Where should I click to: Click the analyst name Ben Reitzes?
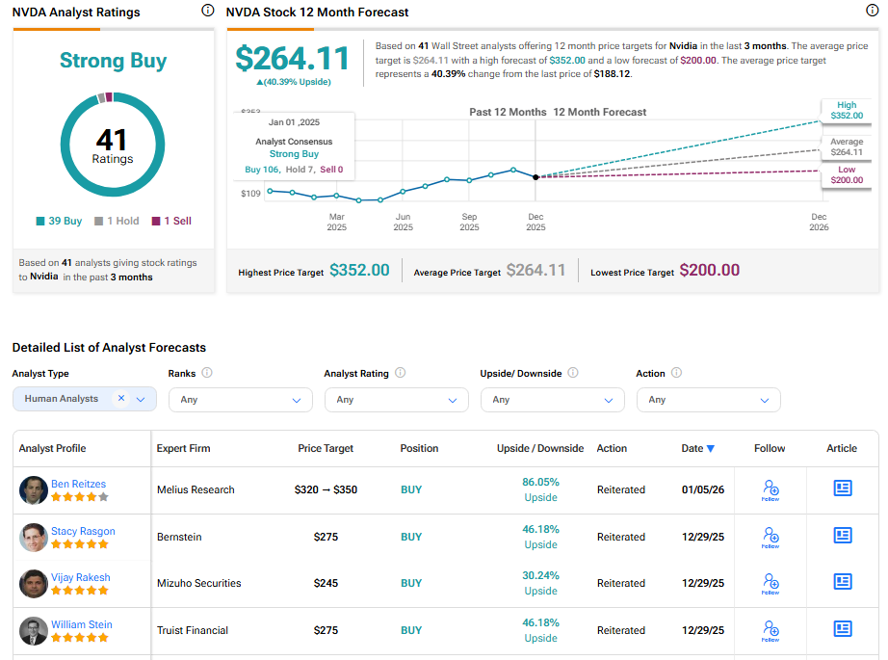pyautogui.click(x=78, y=484)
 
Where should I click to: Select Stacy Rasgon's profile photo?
pyautogui.click(x=34, y=537)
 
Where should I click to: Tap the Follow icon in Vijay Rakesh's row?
pyautogui.click(x=770, y=583)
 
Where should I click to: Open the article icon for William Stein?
pyautogui.click(x=843, y=630)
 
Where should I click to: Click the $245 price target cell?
pyautogui.click(x=326, y=583)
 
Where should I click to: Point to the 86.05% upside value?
pyautogui.click(x=540, y=482)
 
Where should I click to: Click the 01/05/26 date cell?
pyautogui.click(x=702, y=489)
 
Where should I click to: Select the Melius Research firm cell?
pyautogui.click(x=196, y=489)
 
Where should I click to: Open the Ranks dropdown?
pyautogui.click(x=240, y=400)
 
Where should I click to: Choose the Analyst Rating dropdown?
pyautogui.click(x=396, y=400)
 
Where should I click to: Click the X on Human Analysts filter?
pyautogui.click(x=121, y=398)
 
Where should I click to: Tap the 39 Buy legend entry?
pyautogui.click(x=60, y=221)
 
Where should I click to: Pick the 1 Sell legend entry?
pyautogui.click(x=171, y=221)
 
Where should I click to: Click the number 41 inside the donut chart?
pyautogui.click(x=113, y=140)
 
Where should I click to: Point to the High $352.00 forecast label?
pyautogui.click(x=846, y=111)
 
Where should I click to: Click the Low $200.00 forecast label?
pyautogui.click(x=846, y=174)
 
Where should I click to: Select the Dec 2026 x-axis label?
pyautogui.click(x=819, y=223)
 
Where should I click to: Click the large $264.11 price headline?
pyautogui.click(x=293, y=59)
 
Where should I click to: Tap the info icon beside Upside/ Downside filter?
pyautogui.click(x=573, y=373)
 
